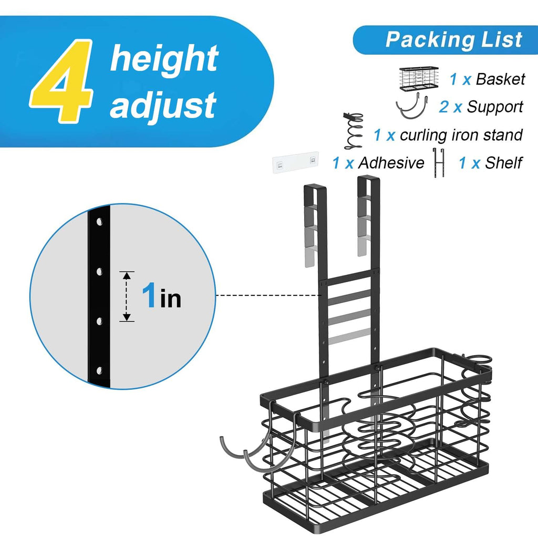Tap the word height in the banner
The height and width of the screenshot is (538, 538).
pyautogui.click(x=164, y=58)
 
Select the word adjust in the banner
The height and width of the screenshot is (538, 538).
pyautogui.click(x=163, y=105)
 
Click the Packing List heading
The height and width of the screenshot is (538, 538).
pyautogui.click(x=453, y=39)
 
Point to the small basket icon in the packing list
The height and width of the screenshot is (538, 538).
pyautogui.click(x=419, y=79)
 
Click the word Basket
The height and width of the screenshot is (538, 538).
pyautogui.click(x=500, y=79)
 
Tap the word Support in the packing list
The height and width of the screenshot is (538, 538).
pyautogui.click(x=495, y=107)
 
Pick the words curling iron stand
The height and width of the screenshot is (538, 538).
pyautogui.click(x=461, y=134)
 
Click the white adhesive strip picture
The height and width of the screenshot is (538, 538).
pyautogui.click(x=295, y=162)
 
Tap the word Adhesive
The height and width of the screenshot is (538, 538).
pyautogui.click(x=391, y=163)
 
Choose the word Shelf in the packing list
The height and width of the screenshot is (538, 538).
pyautogui.click(x=503, y=163)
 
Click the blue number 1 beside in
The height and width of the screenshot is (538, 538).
pyautogui.click(x=149, y=294)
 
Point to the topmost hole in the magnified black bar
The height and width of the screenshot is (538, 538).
pyautogui.click(x=99, y=222)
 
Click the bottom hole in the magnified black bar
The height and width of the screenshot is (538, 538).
pyautogui.click(x=99, y=370)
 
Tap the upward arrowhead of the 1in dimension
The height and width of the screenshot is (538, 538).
pyautogui.click(x=127, y=275)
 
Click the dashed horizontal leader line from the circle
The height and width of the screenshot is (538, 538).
pyautogui.click(x=268, y=295)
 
